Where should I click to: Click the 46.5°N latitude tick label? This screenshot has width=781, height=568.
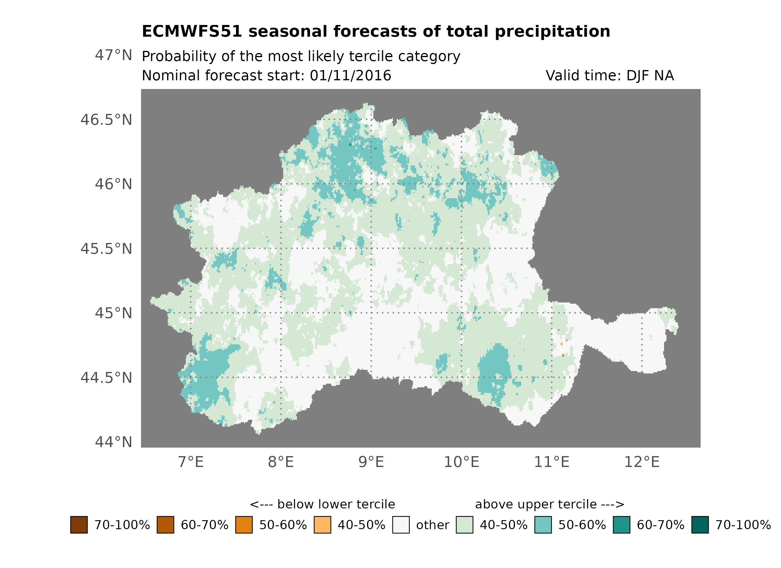[x=106, y=120]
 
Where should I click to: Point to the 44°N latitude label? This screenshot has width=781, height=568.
[x=113, y=442]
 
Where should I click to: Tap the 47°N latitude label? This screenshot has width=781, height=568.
[x=113, y=55]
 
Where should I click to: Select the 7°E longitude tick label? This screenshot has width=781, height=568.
[x=191, y=462]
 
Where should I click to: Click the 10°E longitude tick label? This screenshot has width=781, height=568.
[x=461, y=462]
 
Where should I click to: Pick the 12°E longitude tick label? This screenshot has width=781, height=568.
[x=642, y=462]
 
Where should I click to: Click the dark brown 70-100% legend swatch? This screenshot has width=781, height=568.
[x=79, y=525]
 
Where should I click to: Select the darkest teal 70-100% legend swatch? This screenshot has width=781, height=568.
[x=700, y=525]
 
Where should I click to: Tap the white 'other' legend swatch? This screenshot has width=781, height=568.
[x=401, y=525]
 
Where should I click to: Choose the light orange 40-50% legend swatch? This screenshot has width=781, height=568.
[x=322, y=525]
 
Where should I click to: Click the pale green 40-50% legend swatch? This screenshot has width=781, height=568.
[x=464, y=525]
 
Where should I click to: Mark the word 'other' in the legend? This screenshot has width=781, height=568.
[x=433, y=525]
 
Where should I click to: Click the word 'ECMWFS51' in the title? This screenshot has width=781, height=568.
[x=192, y=31]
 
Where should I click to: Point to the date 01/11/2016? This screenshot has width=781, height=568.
[x=350, y=75]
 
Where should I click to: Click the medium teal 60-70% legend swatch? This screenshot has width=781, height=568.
[x=622, y=525]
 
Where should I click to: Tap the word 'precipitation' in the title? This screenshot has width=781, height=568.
[x=552, y=31]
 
